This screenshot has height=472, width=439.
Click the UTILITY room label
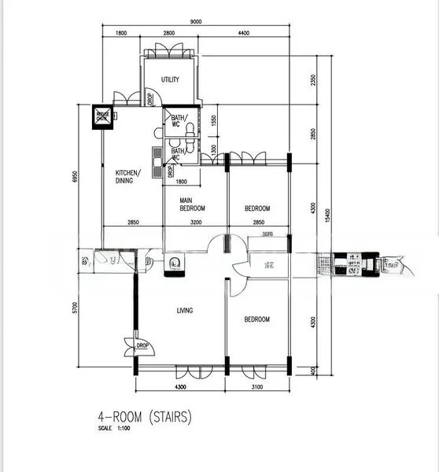(170, 80)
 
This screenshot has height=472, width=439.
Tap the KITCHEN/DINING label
(128, 176)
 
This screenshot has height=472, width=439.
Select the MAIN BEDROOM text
(192, 205)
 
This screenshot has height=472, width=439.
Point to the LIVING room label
(184, 310)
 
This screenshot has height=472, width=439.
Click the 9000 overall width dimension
(197, 22)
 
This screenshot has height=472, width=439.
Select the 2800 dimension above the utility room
(168, 34)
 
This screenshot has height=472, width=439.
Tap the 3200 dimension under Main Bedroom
(195, 223)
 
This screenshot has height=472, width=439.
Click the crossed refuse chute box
(103, 116)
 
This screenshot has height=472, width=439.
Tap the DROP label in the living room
(142, 345)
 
